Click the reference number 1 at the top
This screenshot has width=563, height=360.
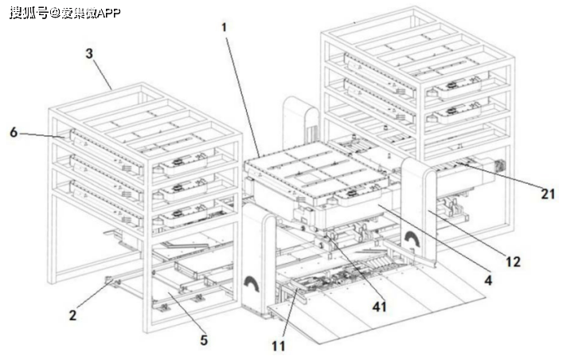click(x=225, y=27)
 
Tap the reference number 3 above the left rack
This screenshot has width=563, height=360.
click(x=90, y=53)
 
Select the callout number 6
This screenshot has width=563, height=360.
click(x=14, y=132)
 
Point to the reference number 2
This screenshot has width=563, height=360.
click(x=72, y=315)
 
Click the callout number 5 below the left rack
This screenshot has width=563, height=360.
click(x=204, y=339)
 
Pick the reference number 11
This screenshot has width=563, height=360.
click(x=278, y=346)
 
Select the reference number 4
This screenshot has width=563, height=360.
click(x=488, y=280)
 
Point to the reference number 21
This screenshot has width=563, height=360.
click(x=548, y=192)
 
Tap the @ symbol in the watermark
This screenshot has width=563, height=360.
click(x=56, y=12)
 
